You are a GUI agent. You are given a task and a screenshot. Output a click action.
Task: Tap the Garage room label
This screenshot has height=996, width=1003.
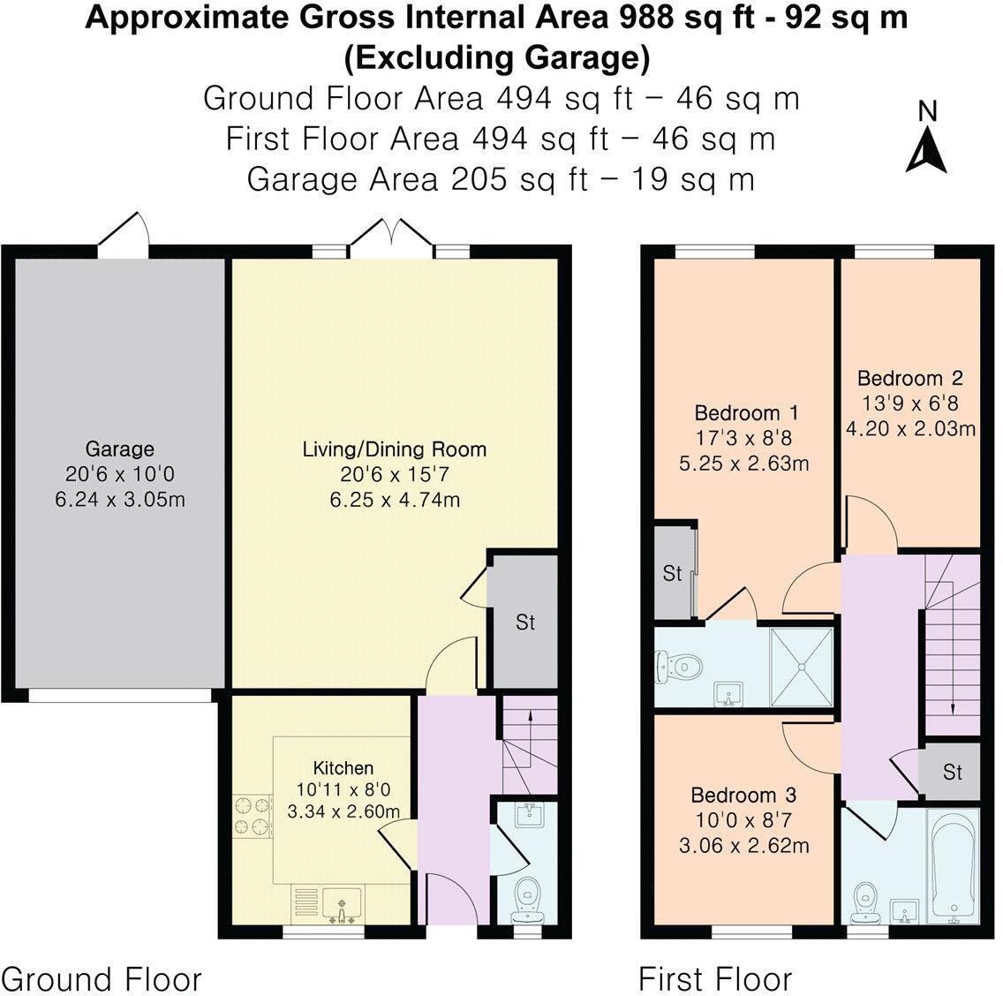[119, 448]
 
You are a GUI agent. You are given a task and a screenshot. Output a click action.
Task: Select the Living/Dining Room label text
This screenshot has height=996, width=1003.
[394, 449]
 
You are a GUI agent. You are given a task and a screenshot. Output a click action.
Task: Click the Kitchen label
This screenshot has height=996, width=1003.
[343, 767]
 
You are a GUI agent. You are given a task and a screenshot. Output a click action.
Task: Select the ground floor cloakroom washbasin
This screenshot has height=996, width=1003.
[531, 816]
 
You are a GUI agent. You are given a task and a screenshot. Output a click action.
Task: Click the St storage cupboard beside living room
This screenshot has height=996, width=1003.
[525, 622]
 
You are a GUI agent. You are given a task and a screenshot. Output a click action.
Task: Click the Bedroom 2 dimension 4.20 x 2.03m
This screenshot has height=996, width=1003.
[910, 429]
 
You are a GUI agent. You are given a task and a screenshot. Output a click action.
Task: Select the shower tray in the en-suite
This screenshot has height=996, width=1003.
[802, 667]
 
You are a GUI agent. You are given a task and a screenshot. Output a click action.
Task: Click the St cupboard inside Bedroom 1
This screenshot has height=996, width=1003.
[672, 573]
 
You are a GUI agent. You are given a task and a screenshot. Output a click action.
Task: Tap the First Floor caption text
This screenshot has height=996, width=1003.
[714, 978]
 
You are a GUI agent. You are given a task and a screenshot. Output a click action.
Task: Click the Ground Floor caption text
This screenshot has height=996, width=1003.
[102, 978]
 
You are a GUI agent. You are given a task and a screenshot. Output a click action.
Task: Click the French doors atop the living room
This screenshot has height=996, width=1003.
[391, 240]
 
